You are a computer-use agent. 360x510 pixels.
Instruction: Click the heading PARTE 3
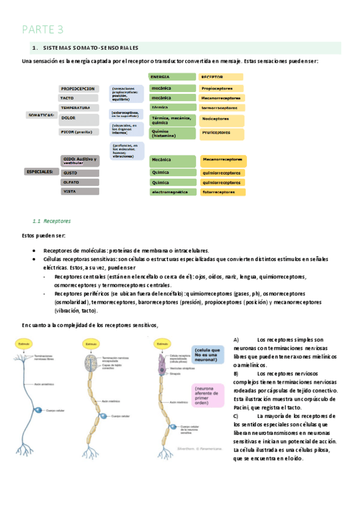[43, 29]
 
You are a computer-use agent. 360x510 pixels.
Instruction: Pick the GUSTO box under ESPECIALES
[79, 173]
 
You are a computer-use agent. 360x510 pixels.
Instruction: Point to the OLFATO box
[79, 182]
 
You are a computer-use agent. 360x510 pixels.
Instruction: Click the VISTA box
[79, 191]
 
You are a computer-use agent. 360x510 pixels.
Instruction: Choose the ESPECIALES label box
[40, 171]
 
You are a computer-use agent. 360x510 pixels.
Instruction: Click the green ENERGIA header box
[172, 77]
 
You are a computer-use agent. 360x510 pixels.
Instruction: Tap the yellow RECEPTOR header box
[221, 77]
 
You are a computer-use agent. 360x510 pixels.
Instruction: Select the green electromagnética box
[172, 192]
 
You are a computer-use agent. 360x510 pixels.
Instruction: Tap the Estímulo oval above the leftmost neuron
[24, 343]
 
